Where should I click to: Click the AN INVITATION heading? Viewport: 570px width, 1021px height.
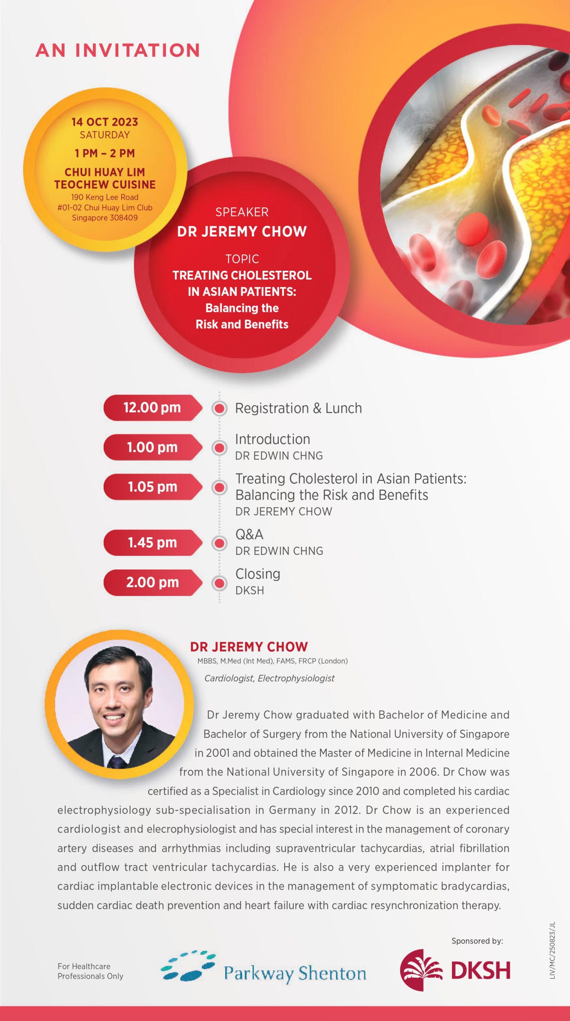click(118, 50)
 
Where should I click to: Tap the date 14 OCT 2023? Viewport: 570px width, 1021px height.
click(105, 122)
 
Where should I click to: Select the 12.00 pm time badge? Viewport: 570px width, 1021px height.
click(153, 408)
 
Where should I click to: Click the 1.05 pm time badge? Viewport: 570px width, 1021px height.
click(153, 487)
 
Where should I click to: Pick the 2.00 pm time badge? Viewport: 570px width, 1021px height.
click(153, 582)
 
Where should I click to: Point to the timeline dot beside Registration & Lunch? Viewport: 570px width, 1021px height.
click(219, 408)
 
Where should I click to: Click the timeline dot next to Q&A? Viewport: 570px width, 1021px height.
click(219, 543)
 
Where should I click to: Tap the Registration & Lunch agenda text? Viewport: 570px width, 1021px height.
click(299, 408)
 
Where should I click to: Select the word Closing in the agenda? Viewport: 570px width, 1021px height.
click(258, 574)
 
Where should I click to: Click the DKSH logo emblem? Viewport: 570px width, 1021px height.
click(421, 970)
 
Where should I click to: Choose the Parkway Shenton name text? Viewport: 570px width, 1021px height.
click(295, 974)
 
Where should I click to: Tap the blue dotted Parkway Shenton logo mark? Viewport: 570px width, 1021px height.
click(188, 966)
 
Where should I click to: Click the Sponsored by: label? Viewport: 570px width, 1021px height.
click(477, 941)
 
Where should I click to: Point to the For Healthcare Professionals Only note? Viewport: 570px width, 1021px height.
click(90, 971)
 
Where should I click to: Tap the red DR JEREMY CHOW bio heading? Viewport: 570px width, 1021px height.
click(249, 647)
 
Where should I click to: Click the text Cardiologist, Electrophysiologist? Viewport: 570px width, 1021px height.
click(269, 678)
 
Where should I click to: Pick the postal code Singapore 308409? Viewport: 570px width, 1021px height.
click(105, 218)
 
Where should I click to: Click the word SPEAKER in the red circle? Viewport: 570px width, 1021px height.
click(242, 212)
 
